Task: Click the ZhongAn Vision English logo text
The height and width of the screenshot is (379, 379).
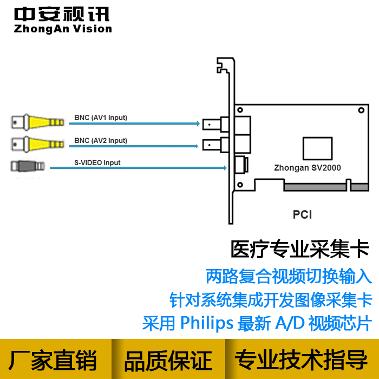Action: pos(63,29)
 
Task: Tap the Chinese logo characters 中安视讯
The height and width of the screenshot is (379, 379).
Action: pos(62,14)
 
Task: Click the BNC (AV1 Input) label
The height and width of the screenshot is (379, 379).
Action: pos(101,117)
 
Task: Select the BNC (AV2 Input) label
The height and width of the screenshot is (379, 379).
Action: pos(101,140)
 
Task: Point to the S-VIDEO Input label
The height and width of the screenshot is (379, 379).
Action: pos(97,162)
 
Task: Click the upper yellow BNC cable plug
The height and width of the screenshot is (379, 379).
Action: pos(38,122)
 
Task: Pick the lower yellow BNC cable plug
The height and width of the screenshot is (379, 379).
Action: pos(38,145)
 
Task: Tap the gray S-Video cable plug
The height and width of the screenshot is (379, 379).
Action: pos(28,166)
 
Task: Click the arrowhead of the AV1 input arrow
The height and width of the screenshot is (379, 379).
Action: pos(198,124)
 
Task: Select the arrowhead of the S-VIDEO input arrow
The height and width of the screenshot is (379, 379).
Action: pos(225,168)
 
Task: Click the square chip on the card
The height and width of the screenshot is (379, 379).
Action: pos(318,148)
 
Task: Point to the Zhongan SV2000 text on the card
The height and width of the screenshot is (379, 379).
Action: pos(307,168)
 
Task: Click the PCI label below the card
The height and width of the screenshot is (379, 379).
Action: pos(302,214)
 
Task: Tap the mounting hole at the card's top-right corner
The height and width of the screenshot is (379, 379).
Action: pos(361,110)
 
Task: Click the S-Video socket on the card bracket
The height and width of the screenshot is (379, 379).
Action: pos(241,165)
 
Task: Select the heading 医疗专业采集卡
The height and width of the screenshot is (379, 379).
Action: pos(300,249)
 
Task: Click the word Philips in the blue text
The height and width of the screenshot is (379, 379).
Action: pos(207,323)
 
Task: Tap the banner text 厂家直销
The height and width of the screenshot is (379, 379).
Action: pos(53,360)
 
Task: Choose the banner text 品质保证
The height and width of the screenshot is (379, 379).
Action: pos(168,361)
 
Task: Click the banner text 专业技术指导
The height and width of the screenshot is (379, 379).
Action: pos(301,360)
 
